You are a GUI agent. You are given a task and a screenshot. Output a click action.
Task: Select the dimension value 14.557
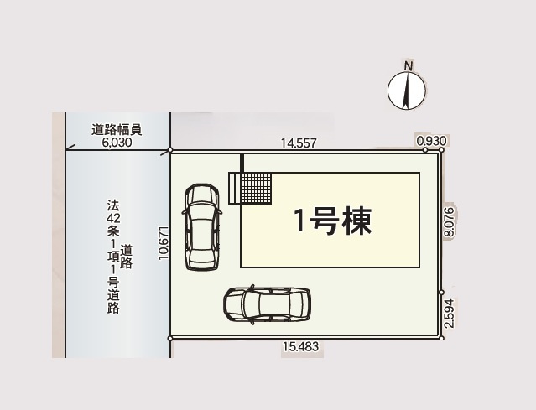[x=298, y=143]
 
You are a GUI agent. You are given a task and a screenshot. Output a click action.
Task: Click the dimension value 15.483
[x=301, y=346]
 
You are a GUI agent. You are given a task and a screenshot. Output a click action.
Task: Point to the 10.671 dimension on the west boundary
[x=164, y=242]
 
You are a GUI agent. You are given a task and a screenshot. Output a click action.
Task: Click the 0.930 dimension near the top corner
[x=431, y=141]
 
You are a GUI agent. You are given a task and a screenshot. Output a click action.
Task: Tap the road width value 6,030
[x=117, y=143]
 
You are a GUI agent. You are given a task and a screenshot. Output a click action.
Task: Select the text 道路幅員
[x=117, y=130]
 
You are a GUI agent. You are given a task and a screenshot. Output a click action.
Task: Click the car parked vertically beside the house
[x=202, y=226]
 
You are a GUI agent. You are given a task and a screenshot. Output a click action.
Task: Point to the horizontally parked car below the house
[x=267, y=304]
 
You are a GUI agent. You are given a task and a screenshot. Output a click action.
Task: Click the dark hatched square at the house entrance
[x=256, y=187]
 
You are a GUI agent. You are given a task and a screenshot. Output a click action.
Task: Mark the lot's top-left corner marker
[x=170, y=151]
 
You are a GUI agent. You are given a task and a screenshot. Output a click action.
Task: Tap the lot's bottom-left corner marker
[x=170, y=338]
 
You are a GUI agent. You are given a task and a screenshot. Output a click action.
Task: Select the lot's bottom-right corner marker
[x=442, y=338]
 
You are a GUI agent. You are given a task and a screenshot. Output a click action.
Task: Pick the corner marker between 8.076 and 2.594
[x=441, y=293]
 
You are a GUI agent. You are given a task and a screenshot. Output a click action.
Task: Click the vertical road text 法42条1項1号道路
[x=113, y=256]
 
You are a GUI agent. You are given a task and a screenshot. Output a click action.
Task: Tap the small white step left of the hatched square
[x=234, y=187]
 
